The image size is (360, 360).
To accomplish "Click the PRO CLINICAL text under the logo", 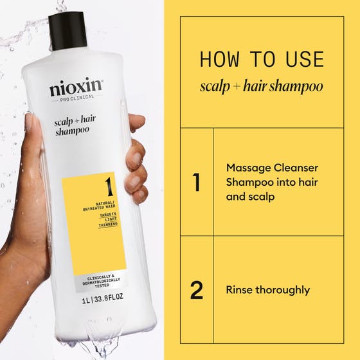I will pyautogui.click(x=76, y=98).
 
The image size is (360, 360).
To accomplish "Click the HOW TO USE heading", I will pyautogui.click(x=262, y=59).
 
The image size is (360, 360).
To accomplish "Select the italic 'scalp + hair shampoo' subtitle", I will pyautogui.click(x=262, y=86).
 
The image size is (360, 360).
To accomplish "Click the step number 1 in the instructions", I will pyautogui.click(x=196, y=183).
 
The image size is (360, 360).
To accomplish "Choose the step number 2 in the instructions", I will pyautogui.click(x=196, y=290).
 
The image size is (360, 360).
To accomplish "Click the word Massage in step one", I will pyautogui.click(x=246, y=167).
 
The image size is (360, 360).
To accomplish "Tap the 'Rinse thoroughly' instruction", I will pyautogui.click(x=267, y=290).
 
